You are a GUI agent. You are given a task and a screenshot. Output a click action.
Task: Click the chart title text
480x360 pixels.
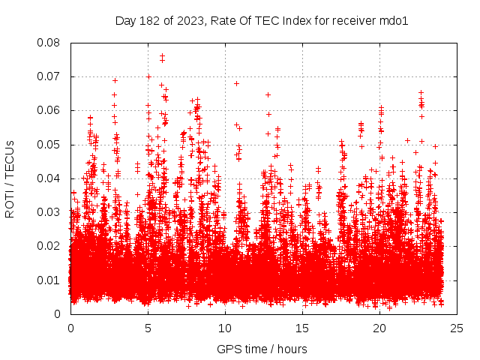tap(261, 21)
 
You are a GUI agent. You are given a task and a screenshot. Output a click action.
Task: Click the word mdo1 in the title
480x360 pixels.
tap(393, 21)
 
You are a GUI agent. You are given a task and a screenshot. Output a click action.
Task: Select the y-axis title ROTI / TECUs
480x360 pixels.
tap(10, 178)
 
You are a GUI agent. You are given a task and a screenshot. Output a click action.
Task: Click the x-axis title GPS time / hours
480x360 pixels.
tap(261, 349)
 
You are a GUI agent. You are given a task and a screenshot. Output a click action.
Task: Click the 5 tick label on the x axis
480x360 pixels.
tap(148, 328)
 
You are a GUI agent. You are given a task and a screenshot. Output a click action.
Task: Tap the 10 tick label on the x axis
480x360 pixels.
tap(225, 328)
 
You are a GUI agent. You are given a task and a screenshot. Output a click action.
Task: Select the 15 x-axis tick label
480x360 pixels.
tap(302, 328)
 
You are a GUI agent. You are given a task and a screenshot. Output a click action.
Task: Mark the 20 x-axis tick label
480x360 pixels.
tap(379, 328)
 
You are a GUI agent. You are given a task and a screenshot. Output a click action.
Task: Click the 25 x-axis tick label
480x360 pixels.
tap(457, 328)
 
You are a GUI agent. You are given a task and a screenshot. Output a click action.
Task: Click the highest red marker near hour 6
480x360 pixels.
tap(162, 56)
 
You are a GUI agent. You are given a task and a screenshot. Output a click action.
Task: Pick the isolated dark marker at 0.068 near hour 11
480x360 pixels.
tap(236, 83)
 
